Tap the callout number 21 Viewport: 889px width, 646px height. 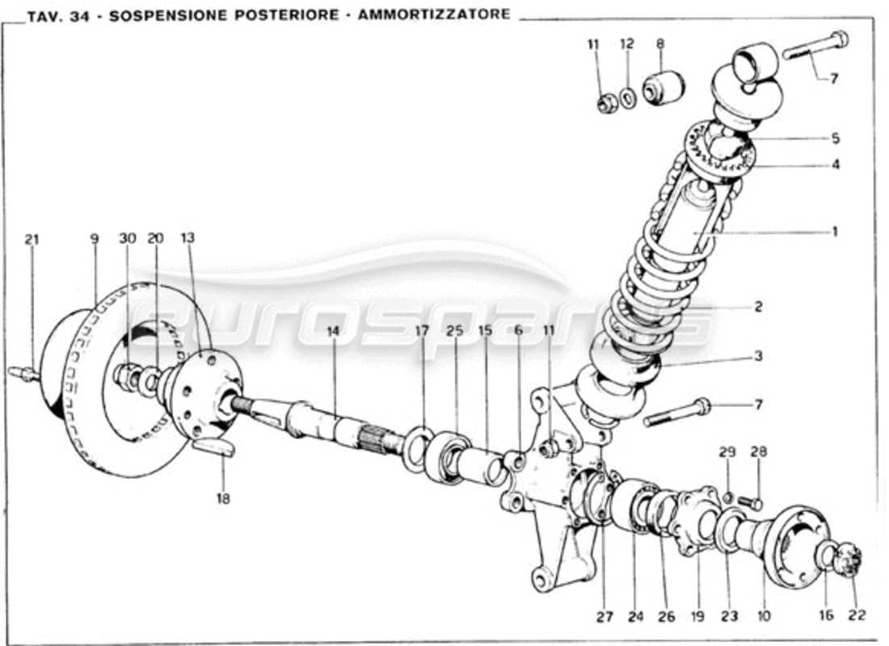pos(32,239)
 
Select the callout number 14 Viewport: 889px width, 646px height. pos(335,330)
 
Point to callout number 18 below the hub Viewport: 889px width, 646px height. pos(223,499)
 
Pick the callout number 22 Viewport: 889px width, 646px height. pos(857,615)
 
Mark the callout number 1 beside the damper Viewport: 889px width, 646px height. pos(835,232)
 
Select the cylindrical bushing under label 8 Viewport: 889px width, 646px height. pos(664,87)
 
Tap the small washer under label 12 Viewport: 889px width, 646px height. pos(628,98)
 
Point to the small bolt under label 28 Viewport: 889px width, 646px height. pos(750,503)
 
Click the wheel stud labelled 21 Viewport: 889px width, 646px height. pos(23,374)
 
